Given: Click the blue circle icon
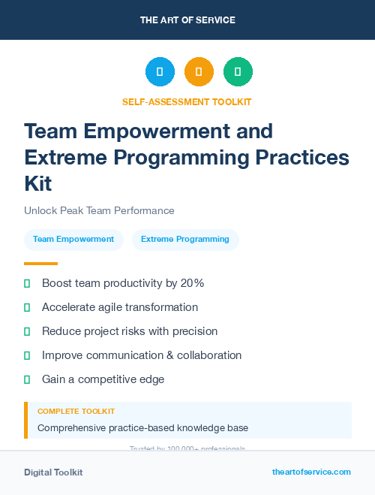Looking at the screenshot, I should [160, 72].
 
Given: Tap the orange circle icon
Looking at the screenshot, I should [199, 72].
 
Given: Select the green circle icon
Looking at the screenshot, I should [238, 72].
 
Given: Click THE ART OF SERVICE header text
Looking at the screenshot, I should [187, 20].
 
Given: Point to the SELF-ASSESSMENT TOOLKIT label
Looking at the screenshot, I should [187, 102].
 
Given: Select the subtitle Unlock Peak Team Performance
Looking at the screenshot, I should [99, 211].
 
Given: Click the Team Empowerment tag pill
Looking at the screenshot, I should [73, 240].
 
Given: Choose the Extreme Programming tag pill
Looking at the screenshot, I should [185, 240].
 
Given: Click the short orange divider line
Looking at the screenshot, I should [40, 264].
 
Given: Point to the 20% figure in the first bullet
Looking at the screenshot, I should [192, 283].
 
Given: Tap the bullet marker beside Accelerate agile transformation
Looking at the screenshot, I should [27, 307].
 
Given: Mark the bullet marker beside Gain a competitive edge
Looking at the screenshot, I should [27, 379].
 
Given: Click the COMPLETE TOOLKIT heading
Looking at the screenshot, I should [76, 412].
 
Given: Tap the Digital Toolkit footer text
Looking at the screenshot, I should [53, 472].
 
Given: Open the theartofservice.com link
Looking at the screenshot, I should [311, 472].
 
